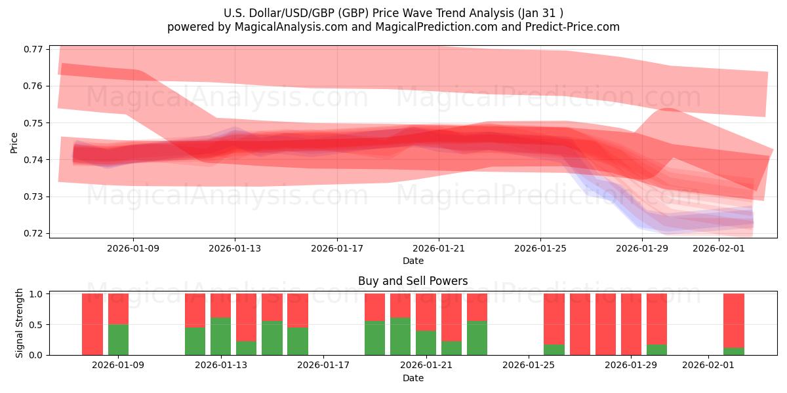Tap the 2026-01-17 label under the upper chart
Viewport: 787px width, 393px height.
click(337, 249)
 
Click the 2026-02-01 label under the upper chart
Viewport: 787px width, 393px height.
click(719, 249)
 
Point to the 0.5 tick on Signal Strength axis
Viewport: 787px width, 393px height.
click(37, 324)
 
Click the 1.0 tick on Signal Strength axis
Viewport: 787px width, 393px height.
click(37, 294)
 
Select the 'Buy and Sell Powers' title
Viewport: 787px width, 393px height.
click(413, 281)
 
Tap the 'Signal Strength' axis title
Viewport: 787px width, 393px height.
click(20, 324)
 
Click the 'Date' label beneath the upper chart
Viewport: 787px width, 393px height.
click(413, 261)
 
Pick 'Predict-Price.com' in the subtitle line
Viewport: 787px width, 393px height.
click(574, 27)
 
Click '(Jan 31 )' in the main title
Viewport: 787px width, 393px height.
click(539, 12)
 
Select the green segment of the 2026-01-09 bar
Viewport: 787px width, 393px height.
click(118, 339)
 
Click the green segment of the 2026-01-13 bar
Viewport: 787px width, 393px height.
click(220, 336)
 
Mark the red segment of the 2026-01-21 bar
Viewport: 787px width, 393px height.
click(426, 312)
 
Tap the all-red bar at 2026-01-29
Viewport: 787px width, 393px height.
click(631, 324)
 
